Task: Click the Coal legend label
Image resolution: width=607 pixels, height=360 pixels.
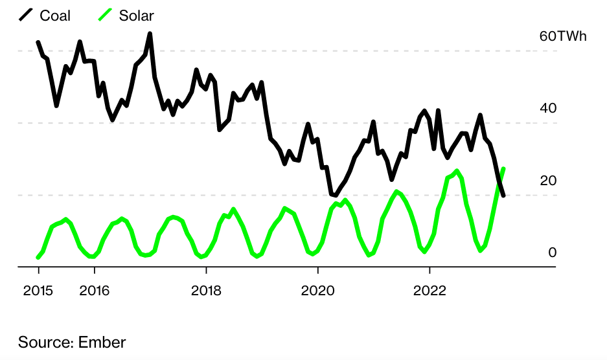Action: point(55,16)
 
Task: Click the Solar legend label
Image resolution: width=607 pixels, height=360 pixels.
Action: point(136,16)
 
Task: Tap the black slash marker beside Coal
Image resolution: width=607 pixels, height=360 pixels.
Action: point(26,15)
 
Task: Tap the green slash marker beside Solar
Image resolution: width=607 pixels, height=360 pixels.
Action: point(105,15)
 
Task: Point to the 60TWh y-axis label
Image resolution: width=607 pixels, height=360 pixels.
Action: point(562,36)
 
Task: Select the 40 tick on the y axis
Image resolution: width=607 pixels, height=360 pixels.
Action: point(547,108)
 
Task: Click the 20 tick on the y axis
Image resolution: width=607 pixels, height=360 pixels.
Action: point(547,181)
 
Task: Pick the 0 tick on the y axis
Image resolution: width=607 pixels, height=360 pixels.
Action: point(552,253)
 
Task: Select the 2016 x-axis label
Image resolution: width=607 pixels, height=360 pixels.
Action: point(94,291)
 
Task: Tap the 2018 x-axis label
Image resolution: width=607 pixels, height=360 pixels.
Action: point(206,291)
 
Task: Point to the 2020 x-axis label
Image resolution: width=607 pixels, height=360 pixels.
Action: point(318,291)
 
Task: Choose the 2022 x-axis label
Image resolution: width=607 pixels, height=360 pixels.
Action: point(429,291)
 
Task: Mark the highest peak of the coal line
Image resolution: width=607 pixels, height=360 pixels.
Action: point(150,34)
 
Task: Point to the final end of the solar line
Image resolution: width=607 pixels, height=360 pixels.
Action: point(503,169)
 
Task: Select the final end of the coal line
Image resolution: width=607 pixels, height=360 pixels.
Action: point(503,195)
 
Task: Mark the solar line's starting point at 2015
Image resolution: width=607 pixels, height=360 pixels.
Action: point(38,258)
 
